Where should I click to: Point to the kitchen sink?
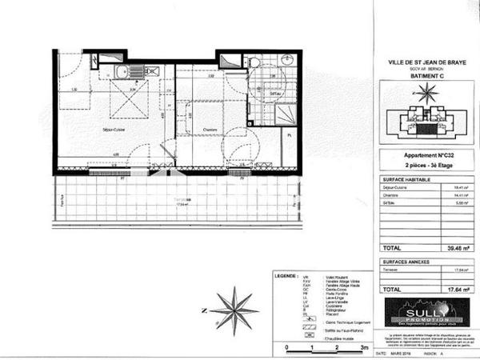point(122,73)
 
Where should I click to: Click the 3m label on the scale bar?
point(362,349)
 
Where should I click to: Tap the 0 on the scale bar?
point(286,349)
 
